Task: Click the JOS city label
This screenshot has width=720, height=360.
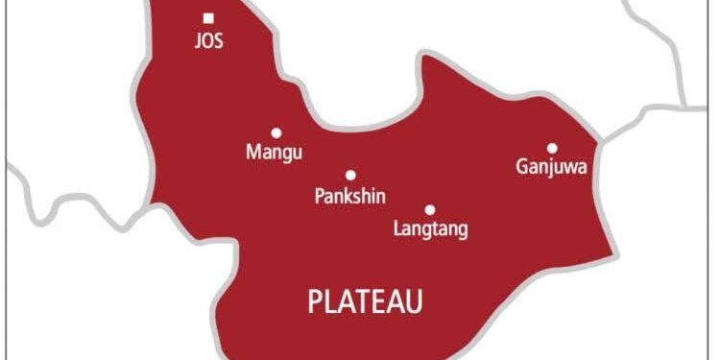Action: click(208, 43)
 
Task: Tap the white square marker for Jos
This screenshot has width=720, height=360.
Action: click(208, 17)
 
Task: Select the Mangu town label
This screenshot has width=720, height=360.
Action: click(275, 153)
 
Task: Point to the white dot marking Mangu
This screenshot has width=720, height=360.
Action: click(276, 132)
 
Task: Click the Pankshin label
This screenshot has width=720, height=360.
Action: click(350, 197)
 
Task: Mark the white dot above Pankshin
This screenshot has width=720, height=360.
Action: click(350, 175)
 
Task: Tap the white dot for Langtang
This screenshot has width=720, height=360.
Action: click(430, 209)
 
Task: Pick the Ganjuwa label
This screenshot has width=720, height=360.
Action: click(551, 168)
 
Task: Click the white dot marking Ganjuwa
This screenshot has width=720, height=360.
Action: click(552, 148)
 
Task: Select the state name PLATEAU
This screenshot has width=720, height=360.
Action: click(365, 301)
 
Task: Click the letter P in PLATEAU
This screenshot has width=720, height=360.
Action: click(315, 301)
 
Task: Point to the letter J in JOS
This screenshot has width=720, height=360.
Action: click(197, 43)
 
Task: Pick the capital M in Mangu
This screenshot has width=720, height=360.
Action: click(253, 153)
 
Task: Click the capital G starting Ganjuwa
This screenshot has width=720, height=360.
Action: click(521, 168)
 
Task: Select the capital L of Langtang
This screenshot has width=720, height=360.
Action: click(398, 228)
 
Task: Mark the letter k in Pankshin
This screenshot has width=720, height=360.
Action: click(344, 197)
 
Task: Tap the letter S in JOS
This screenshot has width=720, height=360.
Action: click(220, 43)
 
